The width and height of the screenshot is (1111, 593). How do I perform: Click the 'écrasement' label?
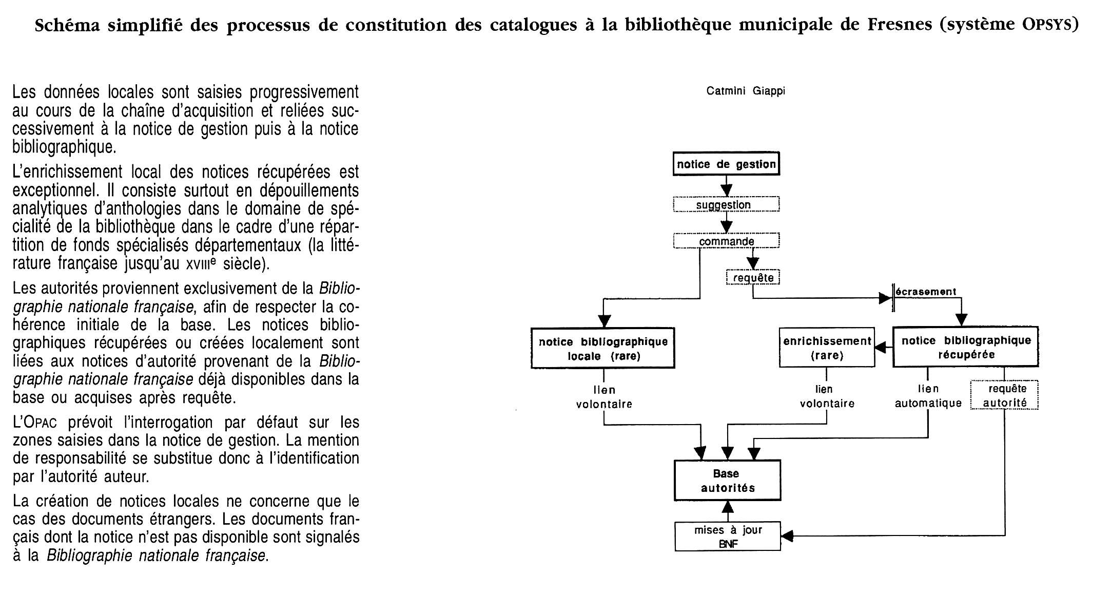pos(926,292)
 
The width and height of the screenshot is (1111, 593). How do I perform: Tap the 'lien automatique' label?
pos(928,396)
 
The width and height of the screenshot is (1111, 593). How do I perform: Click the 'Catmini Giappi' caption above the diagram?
pos(746,91)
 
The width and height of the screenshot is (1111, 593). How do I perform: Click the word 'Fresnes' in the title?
pos(900,24)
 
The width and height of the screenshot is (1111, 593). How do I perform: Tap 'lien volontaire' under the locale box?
pos(604,397)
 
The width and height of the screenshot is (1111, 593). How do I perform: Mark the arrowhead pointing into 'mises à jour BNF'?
pos(787,536)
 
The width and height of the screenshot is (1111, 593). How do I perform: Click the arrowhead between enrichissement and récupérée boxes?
pos(881,348)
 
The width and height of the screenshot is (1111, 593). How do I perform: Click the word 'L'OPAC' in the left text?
pos(34,423)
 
